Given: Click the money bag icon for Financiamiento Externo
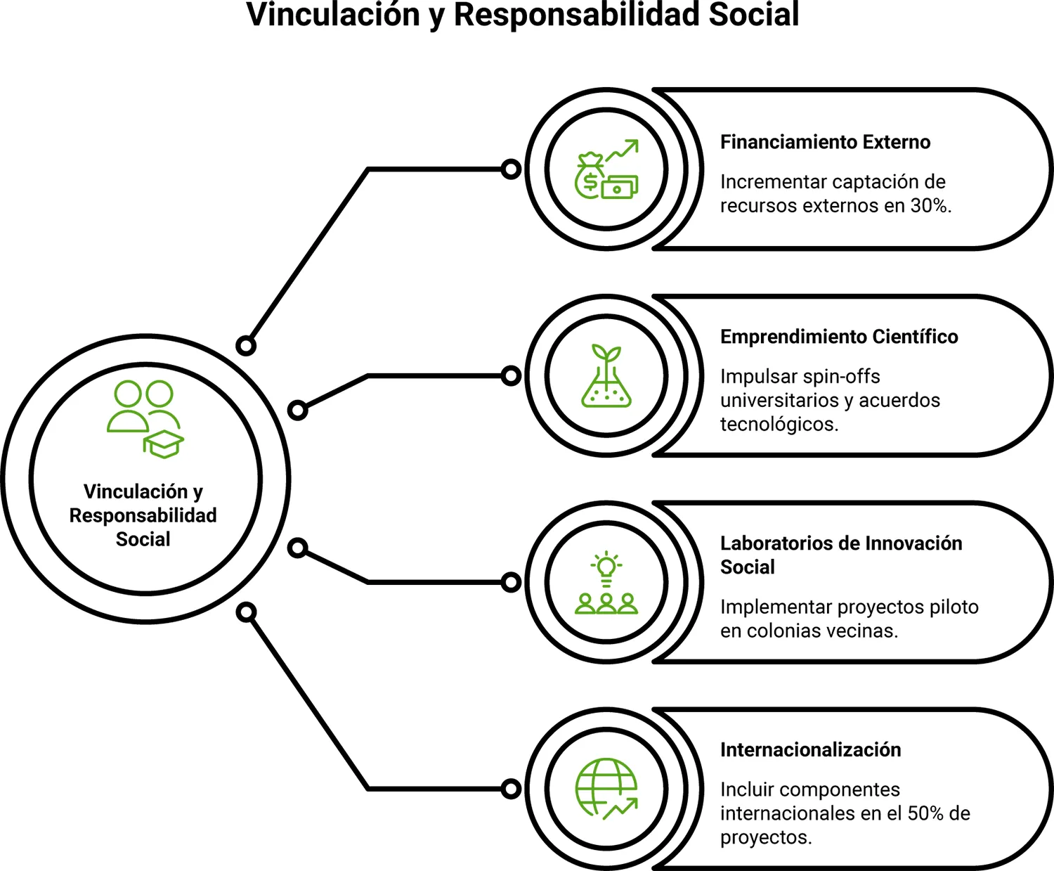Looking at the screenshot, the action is click(x=589, y=176).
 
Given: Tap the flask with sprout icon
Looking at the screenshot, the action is click(x=606, y=375).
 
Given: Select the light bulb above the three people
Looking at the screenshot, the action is click(x=606, y=569).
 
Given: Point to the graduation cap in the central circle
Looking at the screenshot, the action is click(x=164, y=444).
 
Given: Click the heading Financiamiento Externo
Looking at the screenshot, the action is click(x=825, y=142).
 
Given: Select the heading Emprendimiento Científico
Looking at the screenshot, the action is click(x=839, y=336).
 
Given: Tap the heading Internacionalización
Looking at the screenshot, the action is click(x=810, y=750).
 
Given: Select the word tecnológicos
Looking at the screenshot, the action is click(x=779, y=424).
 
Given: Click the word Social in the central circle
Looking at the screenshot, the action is click(x=143, y=539).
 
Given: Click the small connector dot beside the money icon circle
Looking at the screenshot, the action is click(x=511, y=169).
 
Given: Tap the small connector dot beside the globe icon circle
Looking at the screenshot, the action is click(x=511, y=789).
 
